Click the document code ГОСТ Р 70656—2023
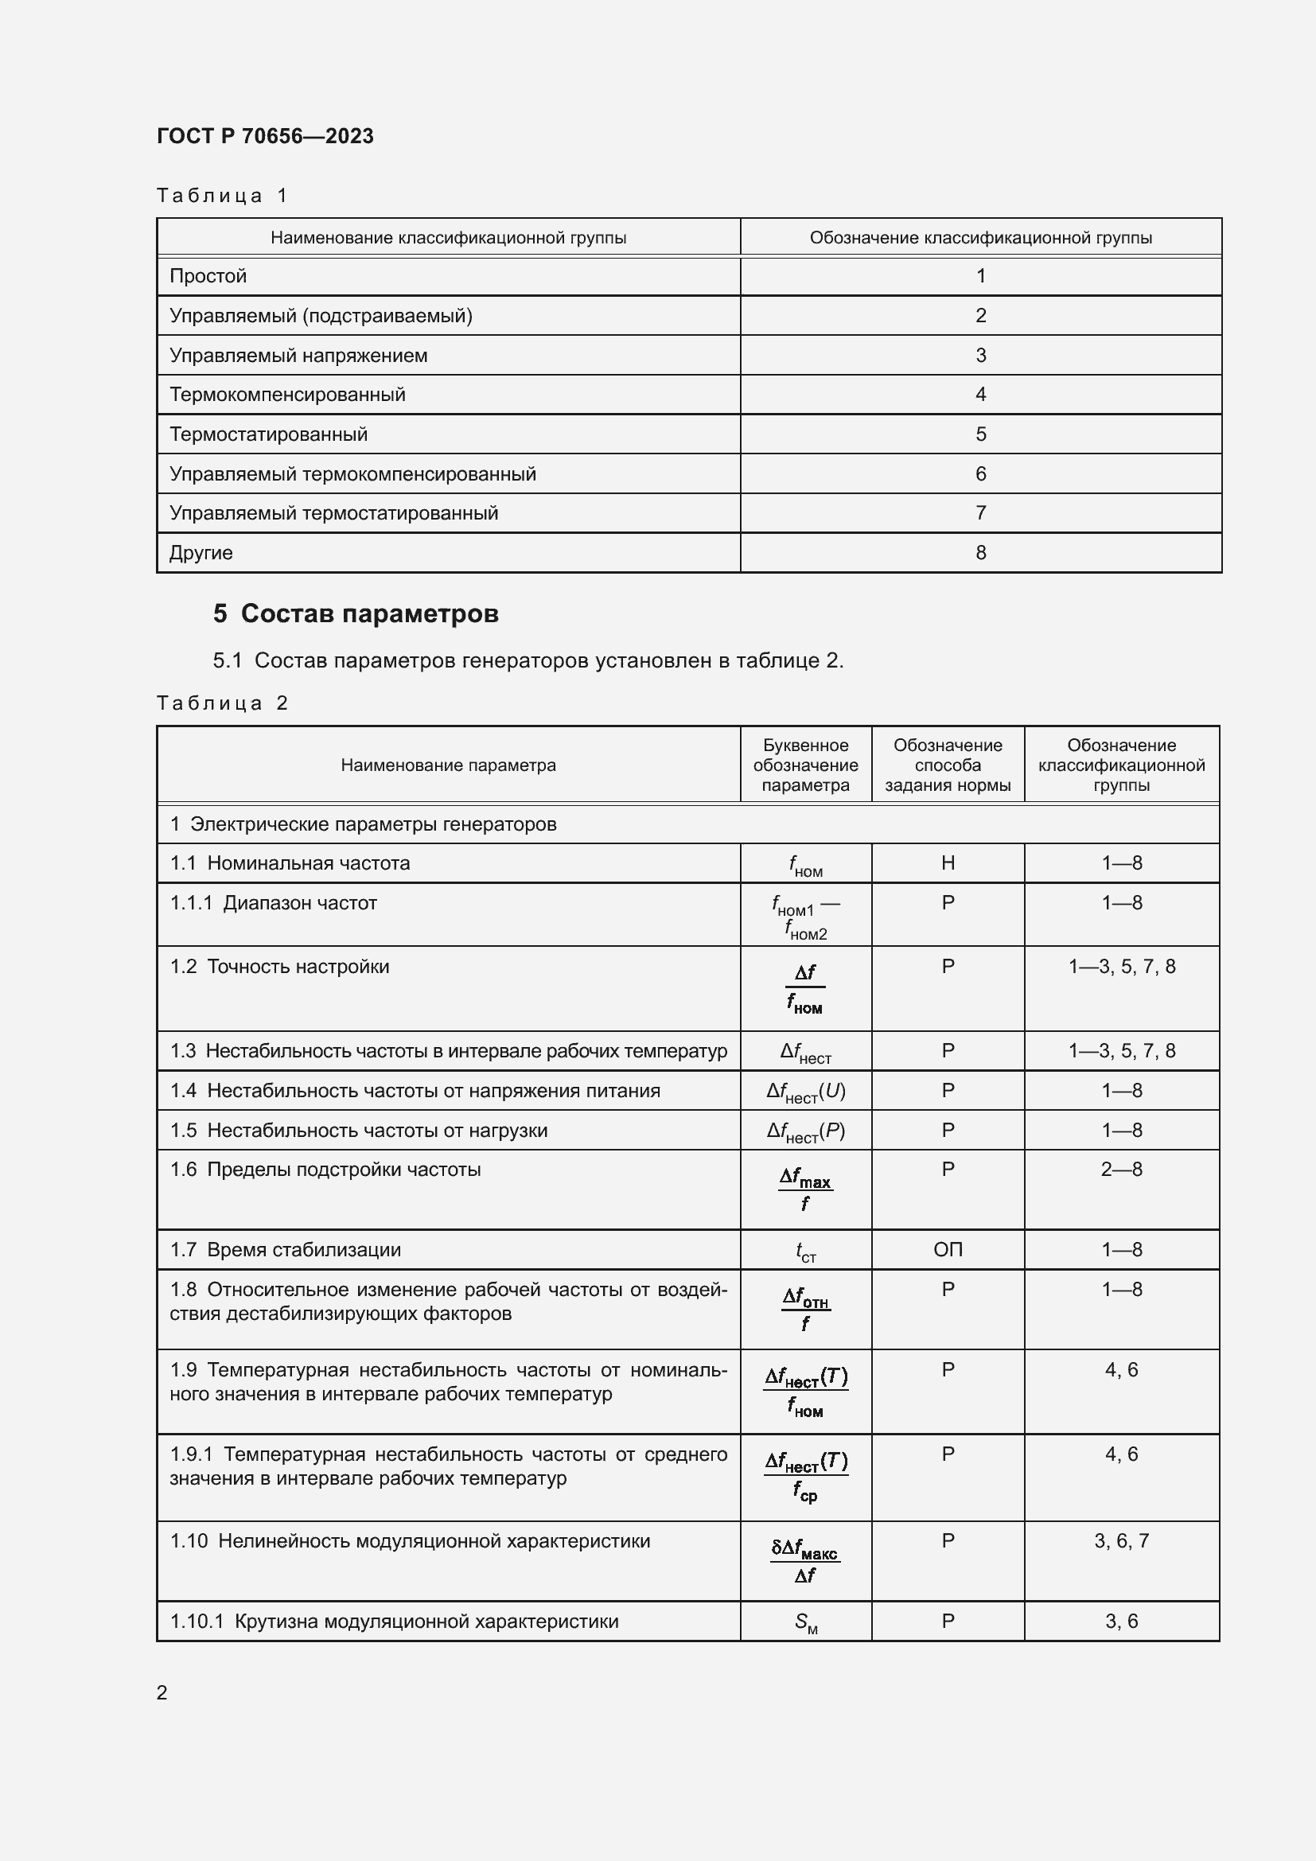[265, 136]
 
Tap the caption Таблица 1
[222, 196]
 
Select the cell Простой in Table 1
[208, 275]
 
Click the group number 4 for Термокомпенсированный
[980, 395]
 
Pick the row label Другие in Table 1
[201, 553]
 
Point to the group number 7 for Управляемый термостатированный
[980, 513]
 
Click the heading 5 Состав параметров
[356, 613]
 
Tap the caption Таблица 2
[222, 703]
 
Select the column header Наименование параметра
[448, 765]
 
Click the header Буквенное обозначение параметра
[805, 765]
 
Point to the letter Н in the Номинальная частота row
[948, 863]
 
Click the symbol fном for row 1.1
[805, 866]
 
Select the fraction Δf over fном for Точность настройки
[805, 989]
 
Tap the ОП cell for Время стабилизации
[948, 1250]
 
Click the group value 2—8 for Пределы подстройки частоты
[1122, 1170]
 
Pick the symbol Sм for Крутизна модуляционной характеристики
[805, 1622]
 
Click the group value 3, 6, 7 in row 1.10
[1122, 1541]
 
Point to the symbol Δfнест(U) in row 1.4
[805, 1092]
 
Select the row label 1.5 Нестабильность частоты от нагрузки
[359, 1131]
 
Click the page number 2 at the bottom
[162, 1692]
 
